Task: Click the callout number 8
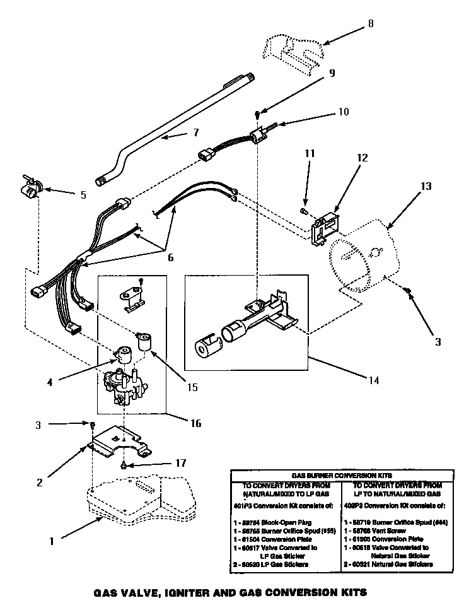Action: click(x=371, y=24)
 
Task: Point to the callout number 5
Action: click(x=83, y=195)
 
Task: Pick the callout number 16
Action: click(x=196, y=423)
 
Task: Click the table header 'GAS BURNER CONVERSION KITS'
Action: click(x=342, y=475)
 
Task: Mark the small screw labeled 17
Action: click(x=124, y=466)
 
